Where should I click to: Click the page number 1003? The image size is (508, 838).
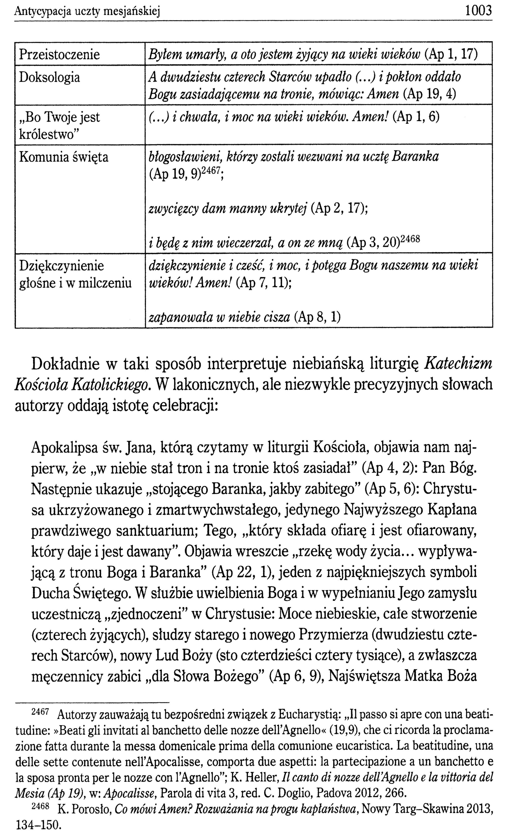pyautogui.click(x=478, y=11)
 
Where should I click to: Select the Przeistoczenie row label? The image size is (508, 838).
pyautogui.click(x=59, y=54)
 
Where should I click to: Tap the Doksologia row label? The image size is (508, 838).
pyautogui.click(x=49, y=77)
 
